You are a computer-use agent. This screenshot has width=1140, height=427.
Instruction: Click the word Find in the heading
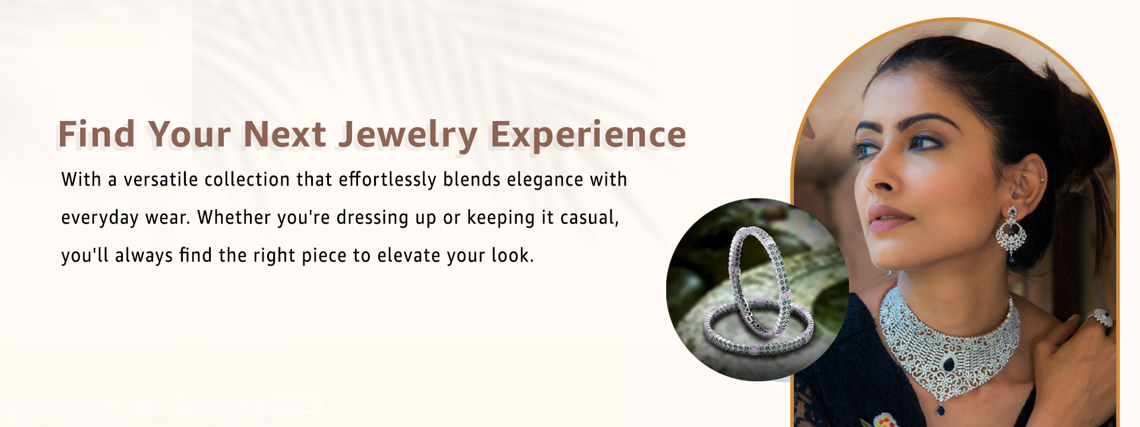(96, 134)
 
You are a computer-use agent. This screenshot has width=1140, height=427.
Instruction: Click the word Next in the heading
(284, 134)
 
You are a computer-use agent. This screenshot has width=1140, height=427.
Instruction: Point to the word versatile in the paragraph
(160, 180)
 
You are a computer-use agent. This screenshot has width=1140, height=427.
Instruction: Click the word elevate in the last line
(409, 256)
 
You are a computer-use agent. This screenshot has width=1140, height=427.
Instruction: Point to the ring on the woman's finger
(1103, 317)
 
